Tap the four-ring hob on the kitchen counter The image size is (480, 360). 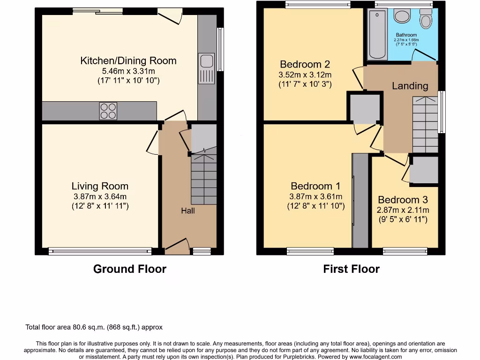coord(108,111)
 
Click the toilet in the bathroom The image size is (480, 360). coord(426,19)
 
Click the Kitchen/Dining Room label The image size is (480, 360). coord(128,60)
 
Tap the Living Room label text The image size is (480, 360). coord(100,186)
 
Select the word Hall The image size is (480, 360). coord(188,211)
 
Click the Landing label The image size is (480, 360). coord(410,86)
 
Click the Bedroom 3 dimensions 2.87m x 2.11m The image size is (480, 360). coord(403,210)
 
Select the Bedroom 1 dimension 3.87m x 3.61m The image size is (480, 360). coord(315,196)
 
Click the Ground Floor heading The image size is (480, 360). coord(129,269)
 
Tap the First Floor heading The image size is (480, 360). coord(351,269)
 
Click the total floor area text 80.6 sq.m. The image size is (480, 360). coord(94,327)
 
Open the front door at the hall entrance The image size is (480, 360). coord(177,246)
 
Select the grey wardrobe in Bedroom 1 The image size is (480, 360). coord(360,200)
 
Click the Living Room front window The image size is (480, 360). coord(100,252)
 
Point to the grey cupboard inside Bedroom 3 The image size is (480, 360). coord(424,170)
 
